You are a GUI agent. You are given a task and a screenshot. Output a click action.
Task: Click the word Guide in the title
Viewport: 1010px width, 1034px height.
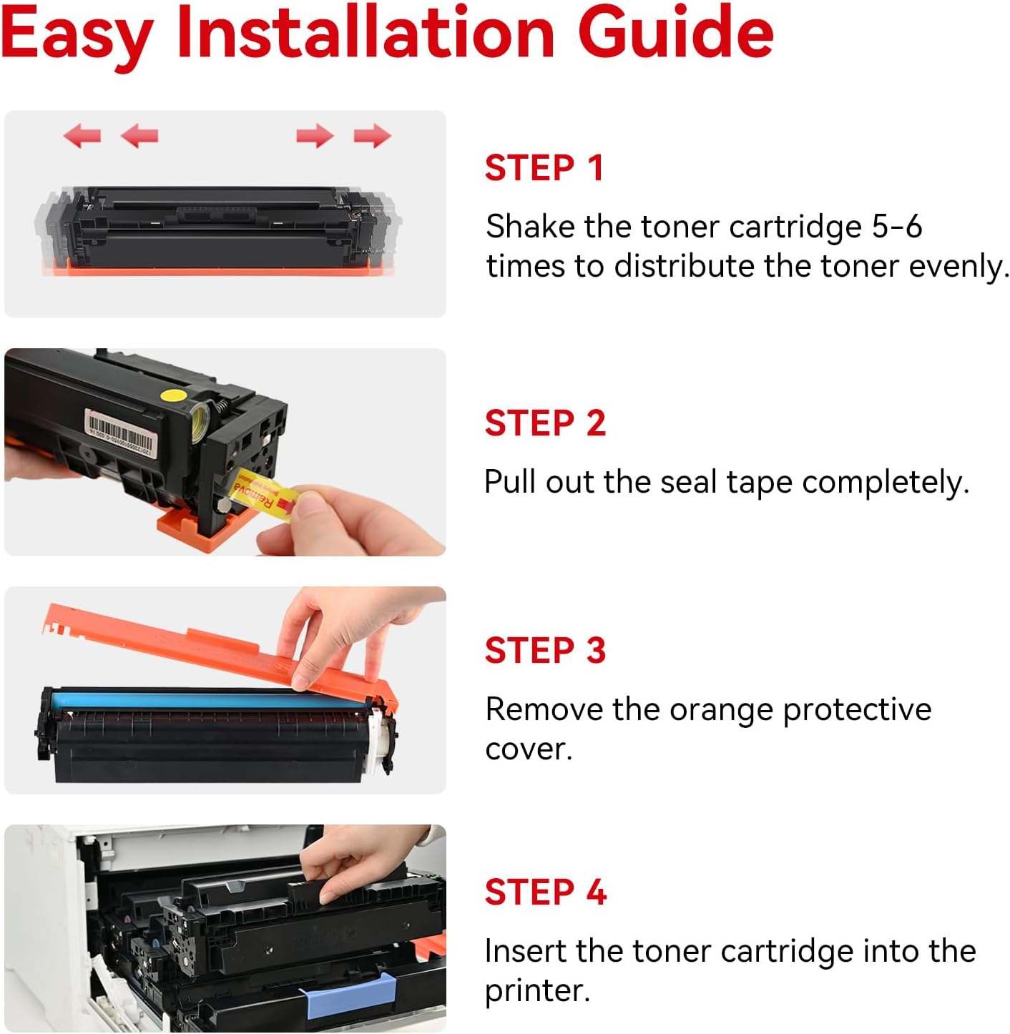coord(675,32)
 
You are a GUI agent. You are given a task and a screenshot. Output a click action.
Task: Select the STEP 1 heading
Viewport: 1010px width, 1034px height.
coord(544,168)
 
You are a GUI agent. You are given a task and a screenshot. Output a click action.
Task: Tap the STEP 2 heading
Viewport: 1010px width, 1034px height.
coord(545,423)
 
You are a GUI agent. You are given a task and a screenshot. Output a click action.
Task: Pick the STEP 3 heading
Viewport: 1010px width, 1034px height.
coord(545,650)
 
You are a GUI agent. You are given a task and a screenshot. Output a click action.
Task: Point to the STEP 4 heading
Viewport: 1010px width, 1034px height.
coord(545,892)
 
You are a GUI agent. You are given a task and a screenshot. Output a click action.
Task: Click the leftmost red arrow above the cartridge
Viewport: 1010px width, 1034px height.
coord(82,134)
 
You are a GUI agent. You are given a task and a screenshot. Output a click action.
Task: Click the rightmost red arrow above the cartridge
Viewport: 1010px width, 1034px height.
coord(372,134)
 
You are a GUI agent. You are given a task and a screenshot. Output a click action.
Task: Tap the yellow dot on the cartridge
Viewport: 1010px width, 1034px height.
coord(174,394)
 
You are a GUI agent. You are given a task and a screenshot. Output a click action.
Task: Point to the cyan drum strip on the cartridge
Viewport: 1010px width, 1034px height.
coord(207,699)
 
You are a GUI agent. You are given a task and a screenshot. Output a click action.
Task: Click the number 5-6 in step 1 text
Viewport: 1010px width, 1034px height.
coord(897,227)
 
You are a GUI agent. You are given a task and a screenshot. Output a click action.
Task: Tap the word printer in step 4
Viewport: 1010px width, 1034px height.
coord(536,991)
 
